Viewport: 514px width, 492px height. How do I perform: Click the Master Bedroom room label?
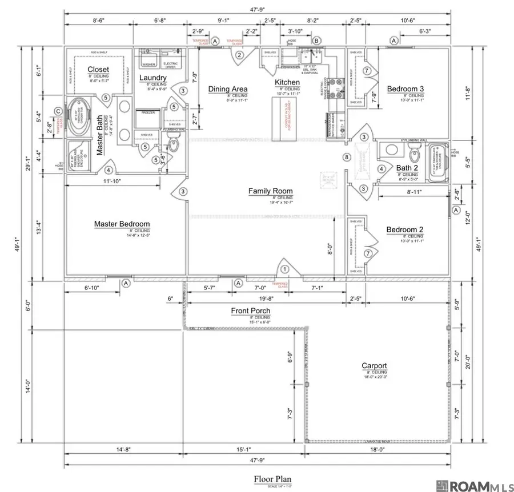coord(122,224)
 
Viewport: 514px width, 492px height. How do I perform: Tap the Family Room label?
coord(270,191)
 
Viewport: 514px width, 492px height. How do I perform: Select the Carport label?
coord(374,366)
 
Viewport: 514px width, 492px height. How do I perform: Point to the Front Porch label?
coord(251,310)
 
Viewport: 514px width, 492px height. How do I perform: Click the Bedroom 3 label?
coord(405,88)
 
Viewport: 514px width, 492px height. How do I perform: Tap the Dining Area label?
coord(227,88)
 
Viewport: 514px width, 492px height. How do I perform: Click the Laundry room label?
coord(152,78)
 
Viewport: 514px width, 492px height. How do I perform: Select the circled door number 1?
coord(284,269)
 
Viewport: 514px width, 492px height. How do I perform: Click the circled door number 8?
coord(346,157)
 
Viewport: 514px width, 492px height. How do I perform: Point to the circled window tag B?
coord(316,41)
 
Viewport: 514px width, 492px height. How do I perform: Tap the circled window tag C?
coord(58,111)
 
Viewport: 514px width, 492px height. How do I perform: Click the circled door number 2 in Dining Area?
coord(240,55)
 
